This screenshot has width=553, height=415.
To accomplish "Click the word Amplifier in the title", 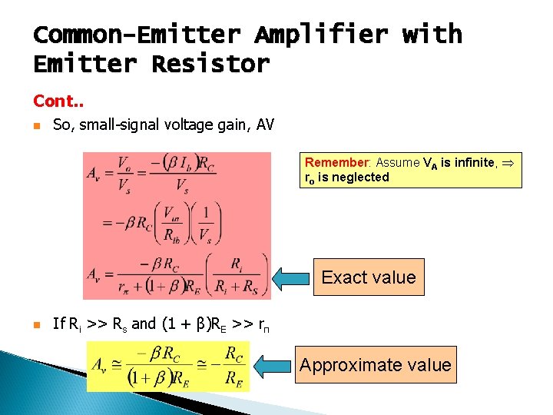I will [320, 35].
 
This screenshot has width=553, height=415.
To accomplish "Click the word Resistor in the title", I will [210, 64].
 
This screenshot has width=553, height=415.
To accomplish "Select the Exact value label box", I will [369, 277].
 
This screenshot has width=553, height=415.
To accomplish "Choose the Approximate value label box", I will [376, 364].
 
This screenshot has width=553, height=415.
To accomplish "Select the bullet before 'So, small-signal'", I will [37, 125].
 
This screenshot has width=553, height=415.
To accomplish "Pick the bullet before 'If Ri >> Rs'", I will [37, 324].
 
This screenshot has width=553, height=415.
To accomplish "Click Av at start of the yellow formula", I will [101, 365].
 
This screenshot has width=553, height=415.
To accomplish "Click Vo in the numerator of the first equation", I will [123, 162].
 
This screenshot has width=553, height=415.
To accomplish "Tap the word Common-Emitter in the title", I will [137, 35].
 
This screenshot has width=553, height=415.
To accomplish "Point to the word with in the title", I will [432, 35].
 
